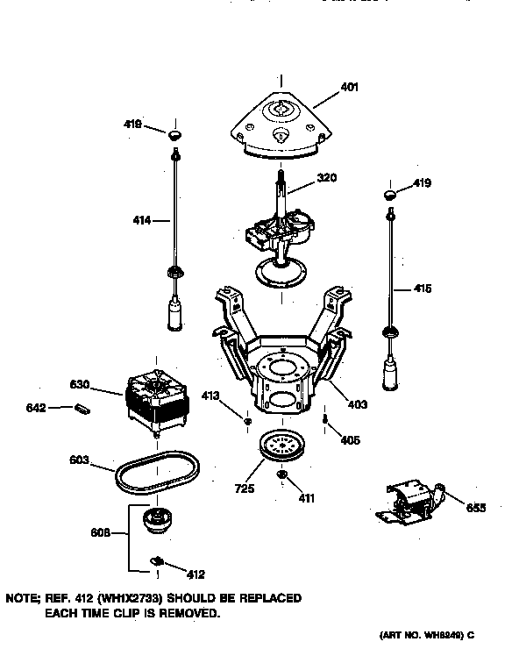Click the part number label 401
pyautogui.click(x=349, y=88)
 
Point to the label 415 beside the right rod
pyautogui.click(x=422, y=289)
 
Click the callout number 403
pyautogui.click(x=357, y=404)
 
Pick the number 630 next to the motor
pyautogui.click(x=81, y=383)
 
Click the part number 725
pyautogui.click(x=245, y=488)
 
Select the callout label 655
pyautogui.click(x=476, y=507)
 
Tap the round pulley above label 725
pyautogui.click(x=282, y=446)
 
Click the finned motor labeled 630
pyautogui.click(x=157, y=398)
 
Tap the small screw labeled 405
pyautogui.click(x=325, y=421)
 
